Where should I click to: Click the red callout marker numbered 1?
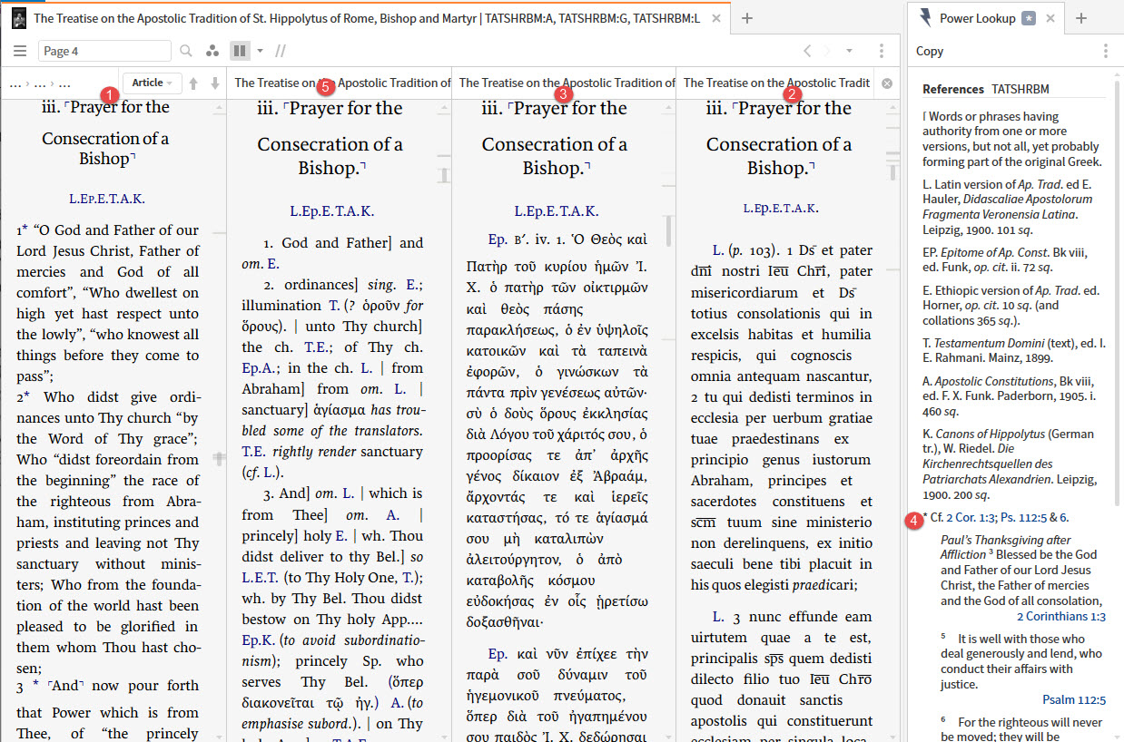109,93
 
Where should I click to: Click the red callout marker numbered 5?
327,87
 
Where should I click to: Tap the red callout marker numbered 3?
563,93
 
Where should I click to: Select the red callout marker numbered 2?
793,93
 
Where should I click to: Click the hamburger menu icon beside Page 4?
20,52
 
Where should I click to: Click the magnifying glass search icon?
185,52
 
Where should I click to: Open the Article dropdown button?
153,83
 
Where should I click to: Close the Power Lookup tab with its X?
1050,18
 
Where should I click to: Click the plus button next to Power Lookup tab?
1081,18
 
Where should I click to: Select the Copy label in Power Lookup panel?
930,52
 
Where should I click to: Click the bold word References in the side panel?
953,89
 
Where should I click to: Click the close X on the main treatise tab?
717,18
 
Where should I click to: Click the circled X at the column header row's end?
887,83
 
